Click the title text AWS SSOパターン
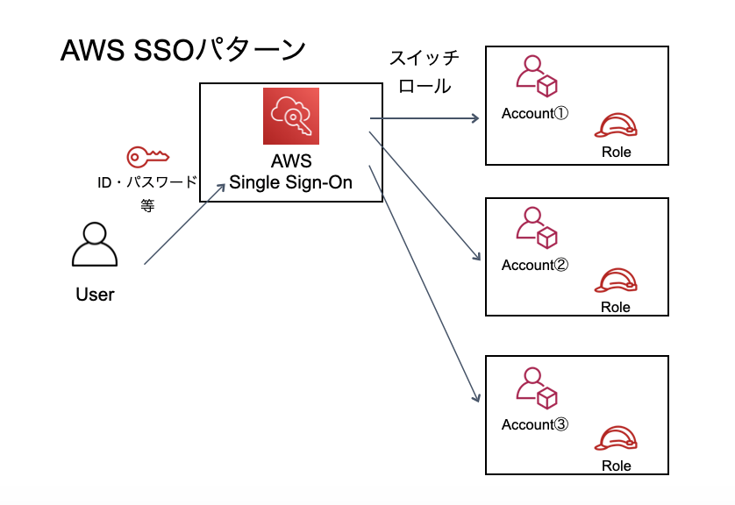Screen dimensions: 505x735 click(x=182, y=50)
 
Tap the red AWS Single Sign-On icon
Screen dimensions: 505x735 click(x=291, y=116)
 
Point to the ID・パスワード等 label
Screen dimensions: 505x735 click(x=147, y=192)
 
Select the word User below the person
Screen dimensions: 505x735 click(x=95, y=295)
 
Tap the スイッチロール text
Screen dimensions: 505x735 click(x=425, y=73)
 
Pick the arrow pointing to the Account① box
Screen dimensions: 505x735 click(x=425, y=117)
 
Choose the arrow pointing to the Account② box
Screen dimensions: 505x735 click(x=425, y=196)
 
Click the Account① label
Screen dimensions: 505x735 click(x=535, y=114)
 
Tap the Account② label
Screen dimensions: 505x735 click(x=535, y=265)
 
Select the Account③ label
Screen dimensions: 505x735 click(x=535, y=424)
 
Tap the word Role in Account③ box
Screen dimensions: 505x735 click(x=616, y=466)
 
